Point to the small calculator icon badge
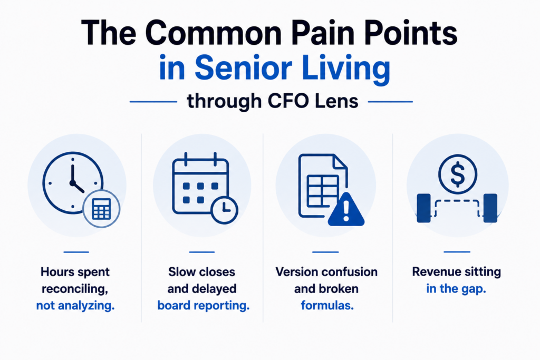(x=102, y=209)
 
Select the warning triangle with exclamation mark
(x=346, y=210)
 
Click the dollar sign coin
(x=458, y=174)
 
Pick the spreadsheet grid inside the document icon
(x=323, y=191)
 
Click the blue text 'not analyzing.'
(x=75, y=306)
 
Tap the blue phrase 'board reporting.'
(x=204, y=306)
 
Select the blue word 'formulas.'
(x=327, y=305)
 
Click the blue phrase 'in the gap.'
(x=456, y=289)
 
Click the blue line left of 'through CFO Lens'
(x=153, y=102)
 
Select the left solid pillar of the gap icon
(x=423, y=208)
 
